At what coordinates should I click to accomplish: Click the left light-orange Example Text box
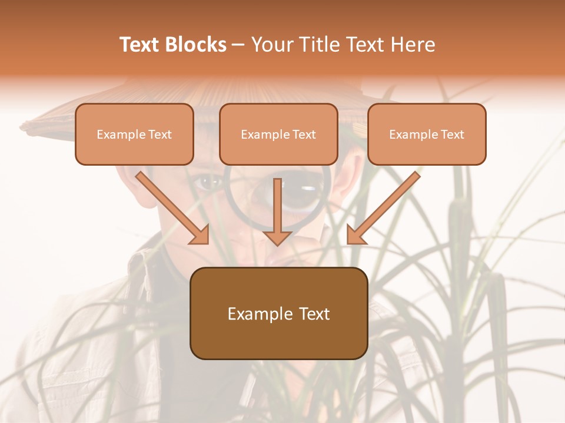pos(134,134)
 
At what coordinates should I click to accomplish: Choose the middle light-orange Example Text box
pos(278,134)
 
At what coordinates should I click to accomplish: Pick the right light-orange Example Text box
pos(427,134)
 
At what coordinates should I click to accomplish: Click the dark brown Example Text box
pos(279,313)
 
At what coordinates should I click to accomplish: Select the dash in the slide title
pos(239,45)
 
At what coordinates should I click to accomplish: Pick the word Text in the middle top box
pos(304,134)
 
